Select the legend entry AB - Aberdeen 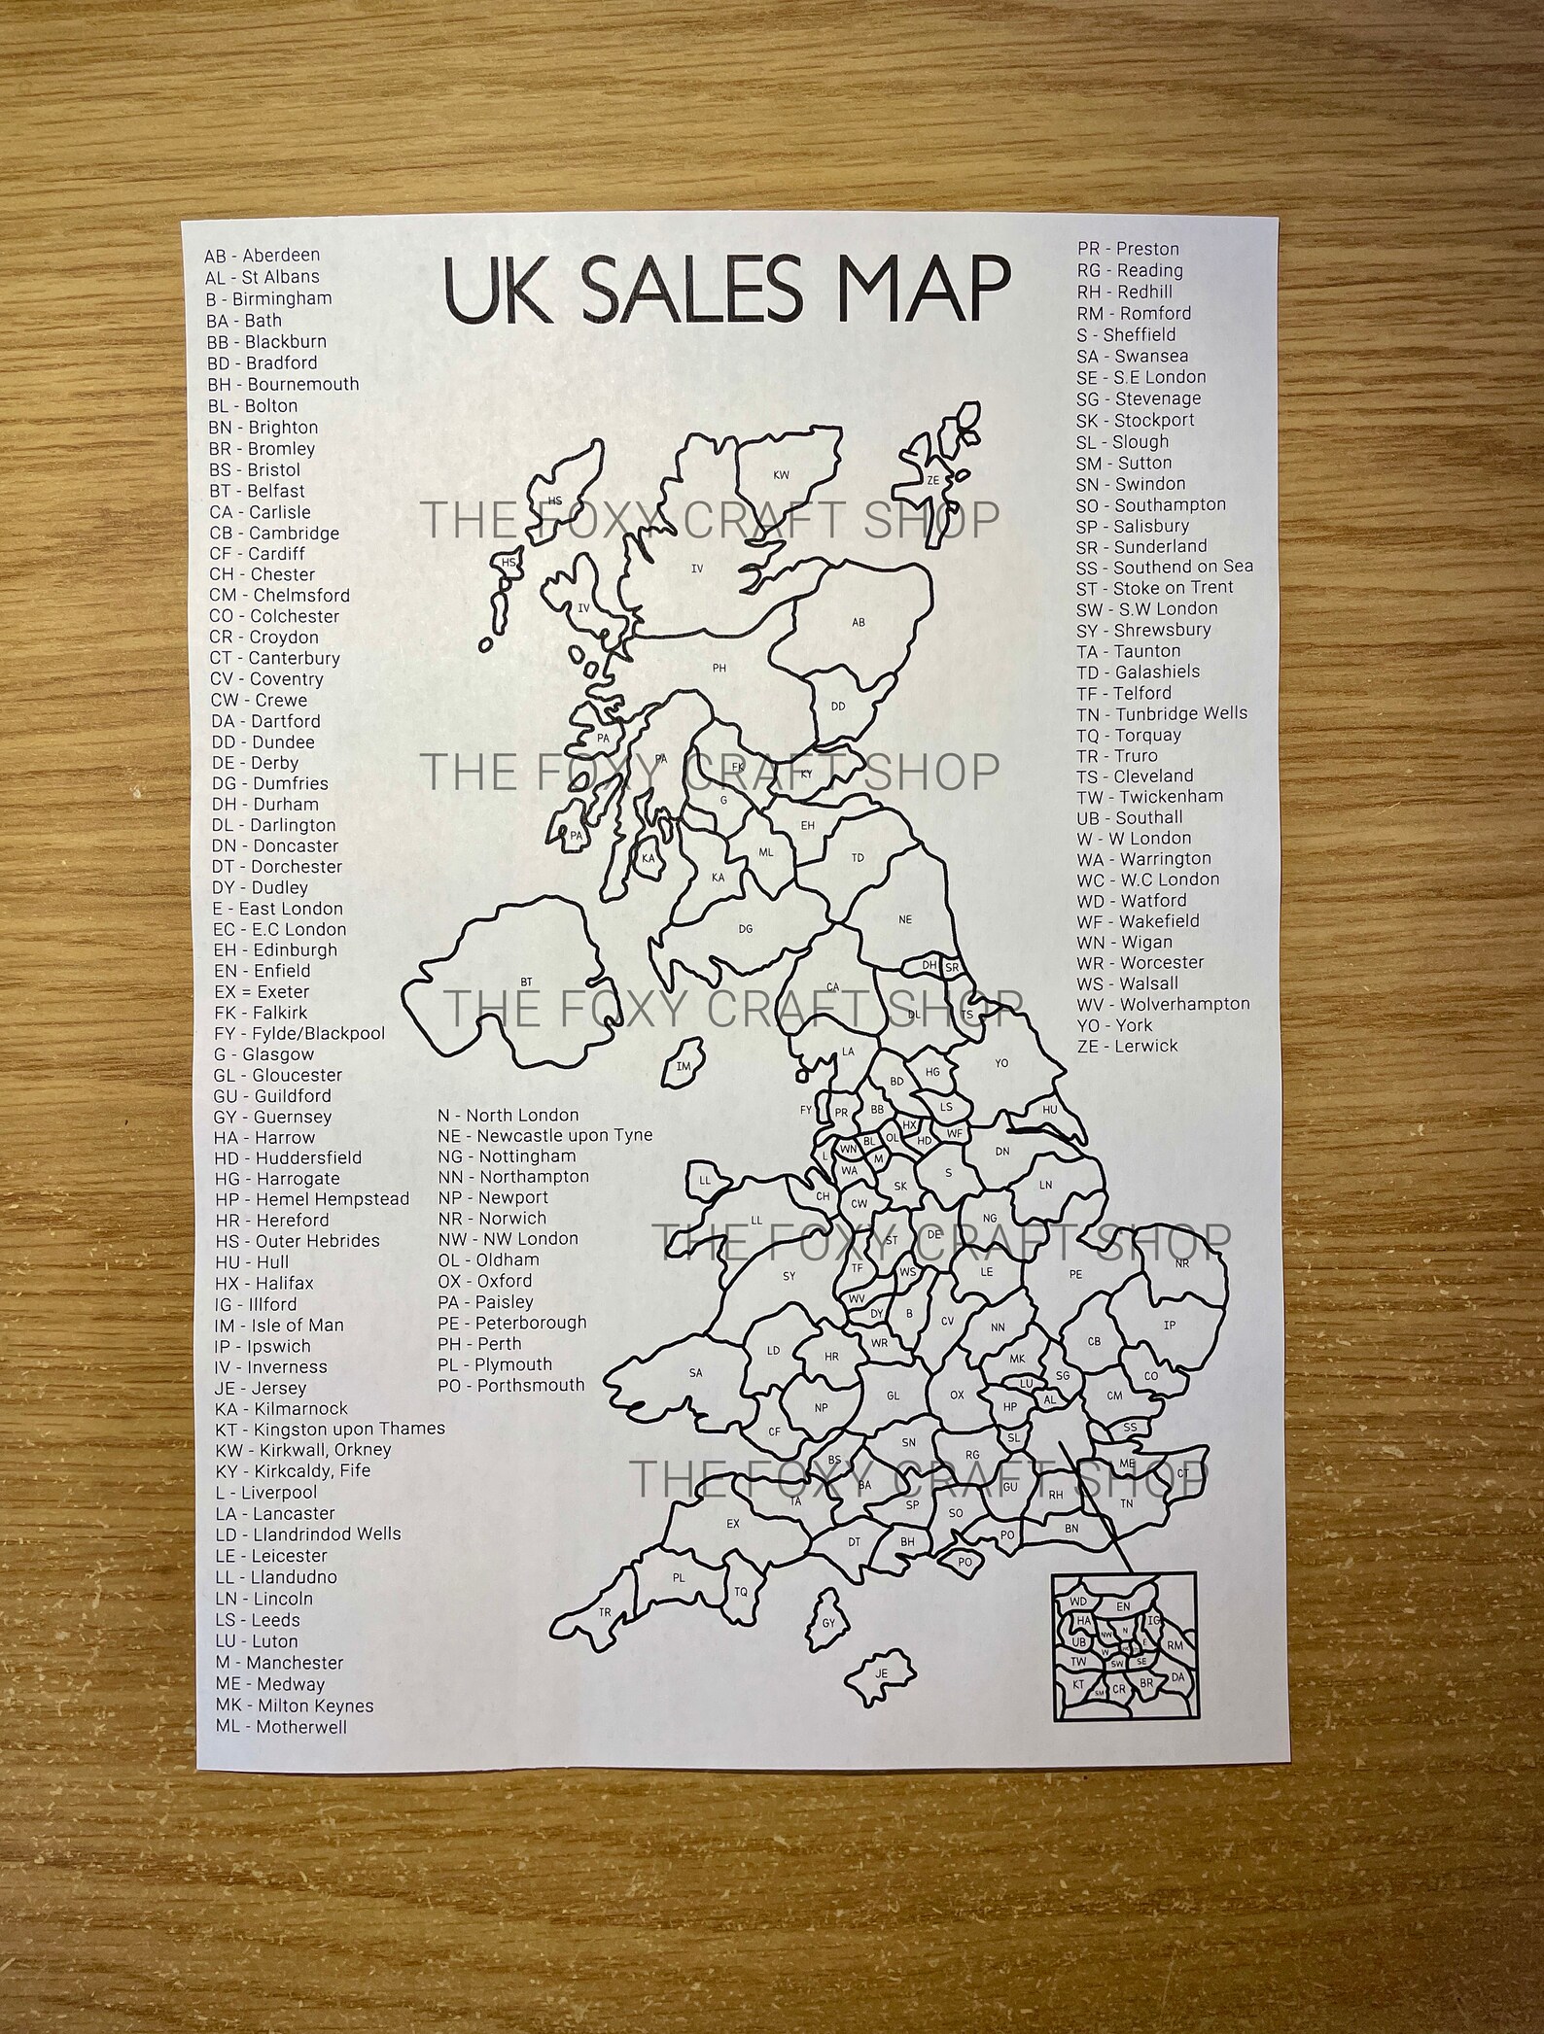262,256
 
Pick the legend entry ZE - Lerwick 1127,1046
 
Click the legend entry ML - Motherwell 281,1727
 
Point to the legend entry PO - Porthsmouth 511,1385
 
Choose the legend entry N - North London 508,1115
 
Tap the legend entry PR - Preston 1128,249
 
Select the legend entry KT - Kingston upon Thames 330,1429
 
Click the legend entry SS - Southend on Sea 1164,567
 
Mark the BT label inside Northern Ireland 526,983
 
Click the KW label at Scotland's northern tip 781,475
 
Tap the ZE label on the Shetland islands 933,480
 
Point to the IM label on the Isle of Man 684,1066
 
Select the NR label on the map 1182,1264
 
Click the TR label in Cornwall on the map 605,1613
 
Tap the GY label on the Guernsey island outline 828,1623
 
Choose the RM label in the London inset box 1175,1645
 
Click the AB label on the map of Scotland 858,622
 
